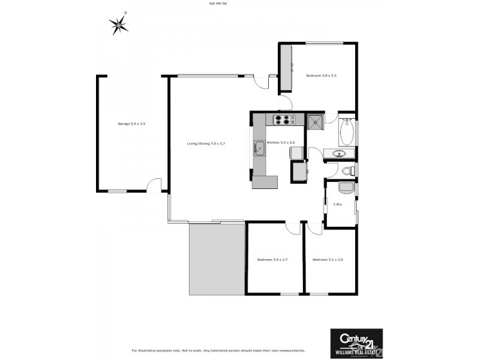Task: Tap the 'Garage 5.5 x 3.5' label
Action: point(131,124)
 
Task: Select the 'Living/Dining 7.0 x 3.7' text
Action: point(206,143)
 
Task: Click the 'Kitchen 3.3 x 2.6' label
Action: point(281,142)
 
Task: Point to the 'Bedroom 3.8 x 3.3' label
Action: point(321,76)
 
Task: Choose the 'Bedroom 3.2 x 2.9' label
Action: point(328,259)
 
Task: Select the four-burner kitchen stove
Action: point(283,119)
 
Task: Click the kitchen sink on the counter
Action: point(259,148)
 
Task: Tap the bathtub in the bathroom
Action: point(347,132)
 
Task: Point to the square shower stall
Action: point(315,122)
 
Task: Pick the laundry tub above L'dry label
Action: point(346,188)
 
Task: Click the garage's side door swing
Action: point(154,185)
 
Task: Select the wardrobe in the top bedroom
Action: point(286,67)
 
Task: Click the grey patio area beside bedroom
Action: point(217,258)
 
